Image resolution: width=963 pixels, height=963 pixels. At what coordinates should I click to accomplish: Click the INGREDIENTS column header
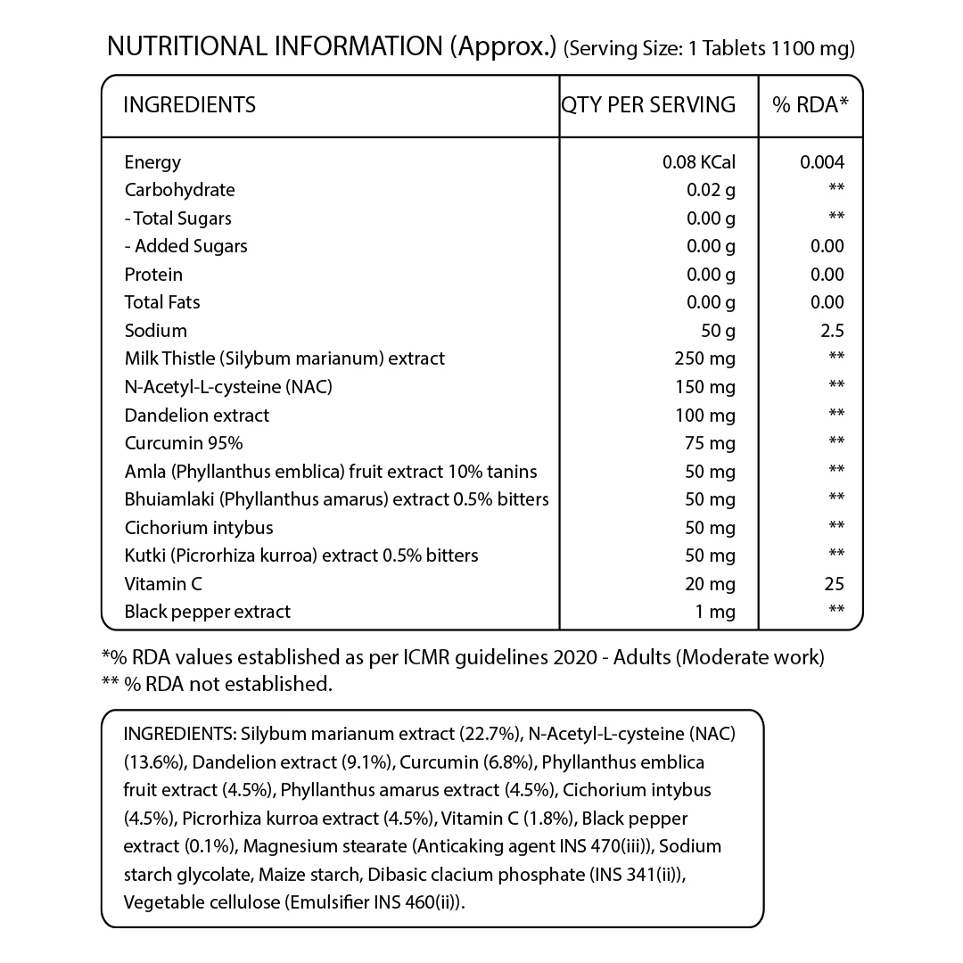(189, 105)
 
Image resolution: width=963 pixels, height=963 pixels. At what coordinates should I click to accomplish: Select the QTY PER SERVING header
(648, 105)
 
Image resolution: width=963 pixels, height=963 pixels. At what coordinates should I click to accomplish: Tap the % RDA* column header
(811, 105)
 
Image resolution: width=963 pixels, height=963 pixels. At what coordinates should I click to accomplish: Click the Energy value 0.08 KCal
(698, 162)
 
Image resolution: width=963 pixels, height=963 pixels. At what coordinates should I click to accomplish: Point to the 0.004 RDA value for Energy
(822, 162)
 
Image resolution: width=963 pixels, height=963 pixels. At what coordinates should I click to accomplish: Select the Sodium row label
(156, 331)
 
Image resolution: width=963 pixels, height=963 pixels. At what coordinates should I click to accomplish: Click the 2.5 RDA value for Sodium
(833, 331)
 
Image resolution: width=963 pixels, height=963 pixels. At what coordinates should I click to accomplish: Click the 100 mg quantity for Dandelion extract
(705, 416)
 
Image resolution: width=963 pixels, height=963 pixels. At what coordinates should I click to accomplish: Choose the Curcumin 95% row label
(184, 443)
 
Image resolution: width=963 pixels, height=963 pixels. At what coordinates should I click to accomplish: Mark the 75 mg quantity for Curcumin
(711, 443)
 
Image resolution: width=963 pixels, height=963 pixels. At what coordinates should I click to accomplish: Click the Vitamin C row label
(163, 584)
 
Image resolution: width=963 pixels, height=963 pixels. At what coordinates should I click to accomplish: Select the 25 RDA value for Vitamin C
(834, 584)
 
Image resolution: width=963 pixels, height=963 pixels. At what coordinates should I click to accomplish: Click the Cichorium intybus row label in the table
(199, 528)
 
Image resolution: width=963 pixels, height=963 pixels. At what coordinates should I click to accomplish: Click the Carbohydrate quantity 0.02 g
(711, 190)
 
